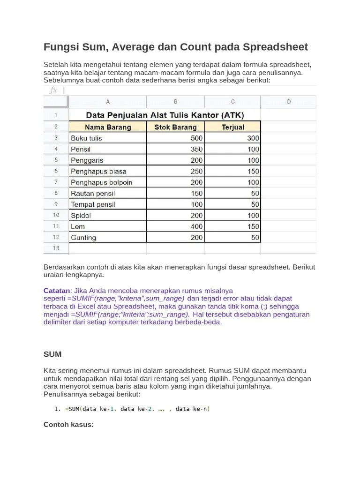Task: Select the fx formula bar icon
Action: pyautogui.click(x=53, y=90)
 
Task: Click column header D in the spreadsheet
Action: pyautogui.click(x=288, y=102)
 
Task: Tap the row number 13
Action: pyautogui.click(x=56, y=248)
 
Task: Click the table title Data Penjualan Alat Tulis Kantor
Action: pyautogui.click(x=165, y=115)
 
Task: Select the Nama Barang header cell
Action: pyautogui.click(x=108, y=127)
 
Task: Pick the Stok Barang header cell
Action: pyautogui.click(x=176, y=127)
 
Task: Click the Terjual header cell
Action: pyautogui.click(x=233, y=127)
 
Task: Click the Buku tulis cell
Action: pyautogui.click(x=86, y=138)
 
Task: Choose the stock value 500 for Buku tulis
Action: pyautogui.click(x=196, y=138)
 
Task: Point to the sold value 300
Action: pyautogui.click(x=253, y=138)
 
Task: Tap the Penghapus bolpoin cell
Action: pyautogui.click(x=101, y=182)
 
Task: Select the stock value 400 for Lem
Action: pyautogui.click(x=196, y=226)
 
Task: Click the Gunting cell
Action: pyautogui.click(x=83, y=238)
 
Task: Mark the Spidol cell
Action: pyautogui.click(x=81, y=216)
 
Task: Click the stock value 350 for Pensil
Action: pyautogui.click(x=196, y=149)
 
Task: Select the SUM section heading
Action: pyautogui.click(x=52, y=354)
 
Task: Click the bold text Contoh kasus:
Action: pyautogui.click(x=68, y=425)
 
